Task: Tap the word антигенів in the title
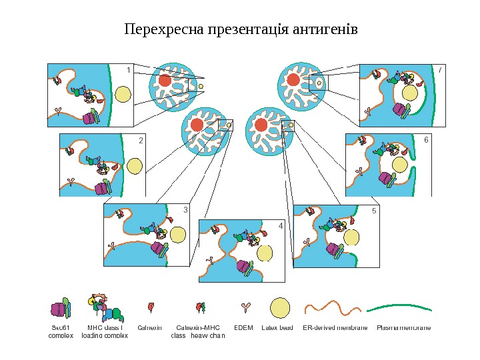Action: (325, 31)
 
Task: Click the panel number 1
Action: (128, 69)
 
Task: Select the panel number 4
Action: (281, 227)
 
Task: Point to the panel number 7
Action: (440, 69)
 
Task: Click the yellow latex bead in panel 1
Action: (123, 94)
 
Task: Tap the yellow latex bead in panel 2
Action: (134, 165)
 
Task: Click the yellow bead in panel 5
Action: (351, 238)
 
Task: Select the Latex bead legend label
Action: (277, 328)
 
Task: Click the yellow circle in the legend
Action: (280, 308)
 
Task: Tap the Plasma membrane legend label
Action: (403, 328)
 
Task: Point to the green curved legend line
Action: (399, 308)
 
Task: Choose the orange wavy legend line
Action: (332, 308)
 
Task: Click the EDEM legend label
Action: (244, 328)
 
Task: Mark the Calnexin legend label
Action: (150, 328)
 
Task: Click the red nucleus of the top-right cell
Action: (293, 80)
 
